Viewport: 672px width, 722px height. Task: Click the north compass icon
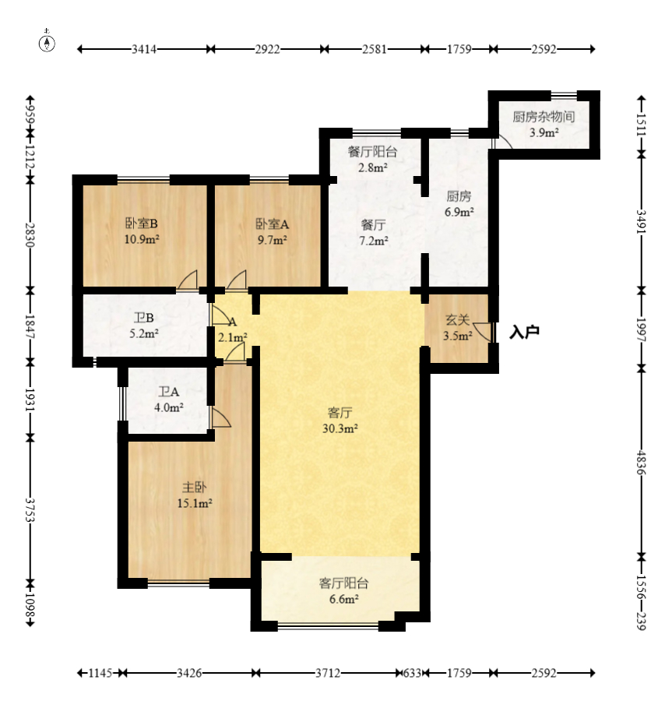click(x=47, y=41)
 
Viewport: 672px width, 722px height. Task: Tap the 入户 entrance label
click(x=524, y=332)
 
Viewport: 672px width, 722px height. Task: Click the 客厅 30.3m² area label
click(x=340, y=420)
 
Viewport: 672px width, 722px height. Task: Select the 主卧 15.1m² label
click(x=194, y=495)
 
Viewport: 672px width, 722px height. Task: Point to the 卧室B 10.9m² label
click(x=142, y=231)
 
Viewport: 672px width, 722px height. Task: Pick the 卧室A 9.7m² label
click(x=272, y=231)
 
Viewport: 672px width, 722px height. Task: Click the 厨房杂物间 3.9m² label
click(x=544, y=125)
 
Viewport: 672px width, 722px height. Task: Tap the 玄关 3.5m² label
click(x=458, y=327)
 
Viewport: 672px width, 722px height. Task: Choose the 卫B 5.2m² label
click(x=143, y=326)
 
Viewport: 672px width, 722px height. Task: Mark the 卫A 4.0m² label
click(x=169, y=400)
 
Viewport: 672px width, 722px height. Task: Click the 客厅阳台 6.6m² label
click(x=344, y=591)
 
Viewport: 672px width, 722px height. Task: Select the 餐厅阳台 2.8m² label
click(x=372, y=160)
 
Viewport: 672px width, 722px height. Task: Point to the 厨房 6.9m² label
click(x=459, y=204)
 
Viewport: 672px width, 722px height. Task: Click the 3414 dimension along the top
click(x=144, y=49)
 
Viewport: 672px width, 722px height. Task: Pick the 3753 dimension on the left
click(x=30, y=509)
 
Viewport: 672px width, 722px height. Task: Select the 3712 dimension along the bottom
click(x=328, y=673)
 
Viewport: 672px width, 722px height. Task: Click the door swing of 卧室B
click(x=188, y=280)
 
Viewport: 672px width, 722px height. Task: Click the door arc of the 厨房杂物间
click(x=502, y=143)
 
